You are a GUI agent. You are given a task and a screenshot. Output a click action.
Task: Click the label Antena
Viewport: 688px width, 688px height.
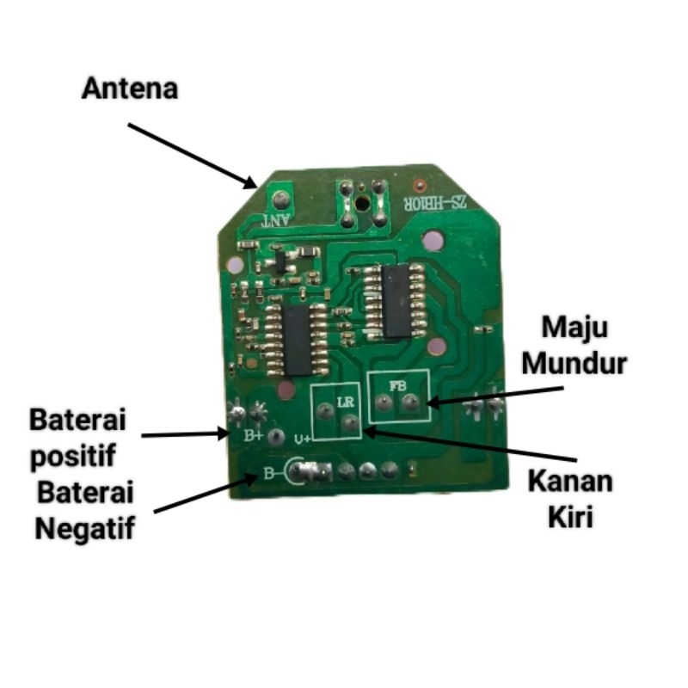[130, 89]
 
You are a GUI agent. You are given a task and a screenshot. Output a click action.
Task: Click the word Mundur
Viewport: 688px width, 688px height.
[575, 363]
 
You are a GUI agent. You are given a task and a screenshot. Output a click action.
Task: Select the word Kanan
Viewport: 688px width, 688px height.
[569, 481]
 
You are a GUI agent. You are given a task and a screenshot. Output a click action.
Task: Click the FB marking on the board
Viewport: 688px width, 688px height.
[397, 386]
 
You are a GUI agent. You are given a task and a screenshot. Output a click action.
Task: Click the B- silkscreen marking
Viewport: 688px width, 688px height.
[271, 472]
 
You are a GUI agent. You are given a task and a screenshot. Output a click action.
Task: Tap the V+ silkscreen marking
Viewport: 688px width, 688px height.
[303, 439]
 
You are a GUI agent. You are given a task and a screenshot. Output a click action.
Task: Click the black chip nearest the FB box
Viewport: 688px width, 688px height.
[397, 300]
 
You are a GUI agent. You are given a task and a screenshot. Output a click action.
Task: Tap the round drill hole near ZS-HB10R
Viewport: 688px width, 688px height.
[365, 205]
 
